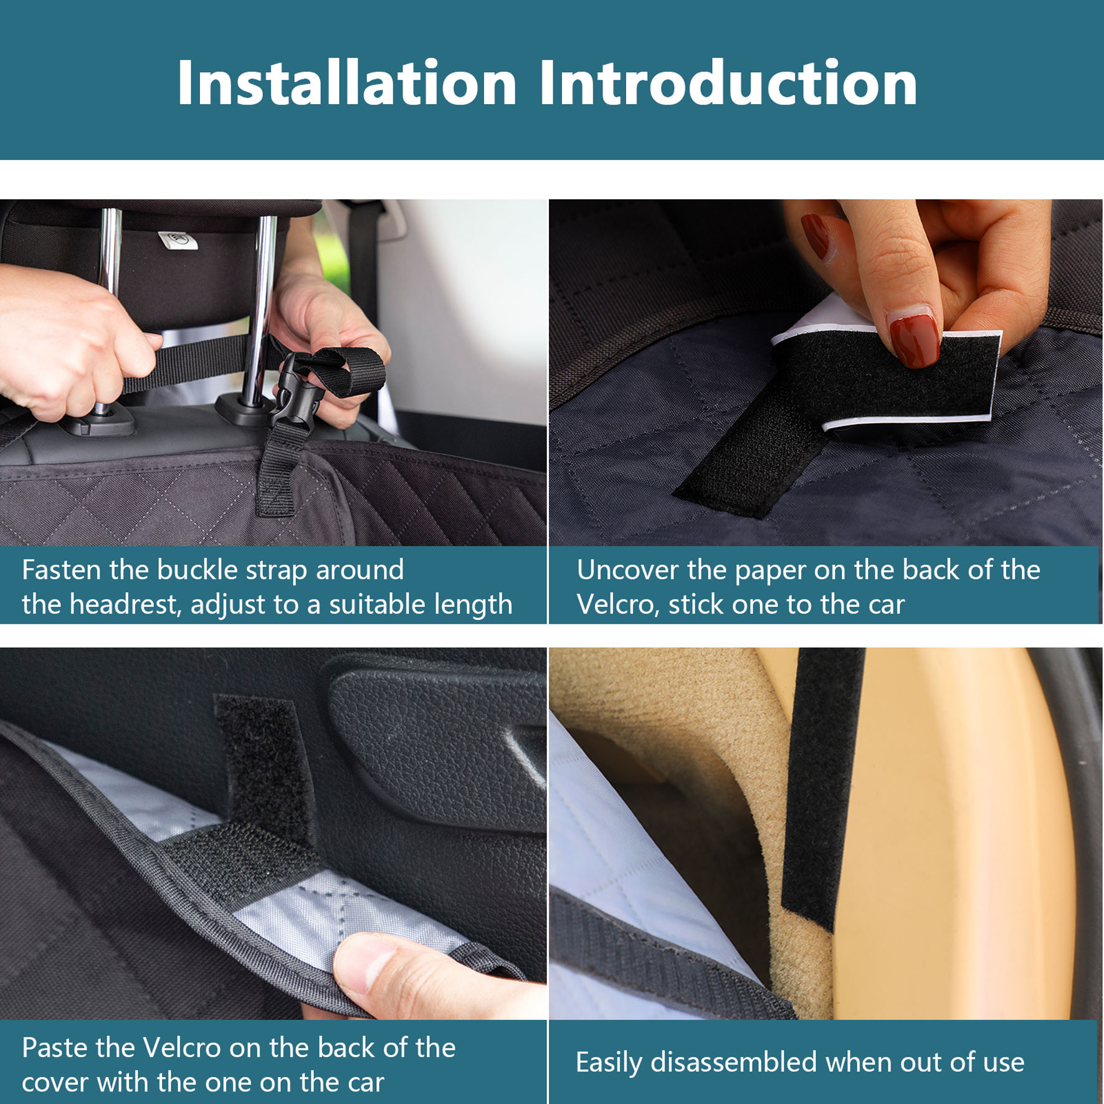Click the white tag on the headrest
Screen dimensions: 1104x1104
(178, 240)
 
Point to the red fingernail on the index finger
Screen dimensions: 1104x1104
(816, 237)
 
